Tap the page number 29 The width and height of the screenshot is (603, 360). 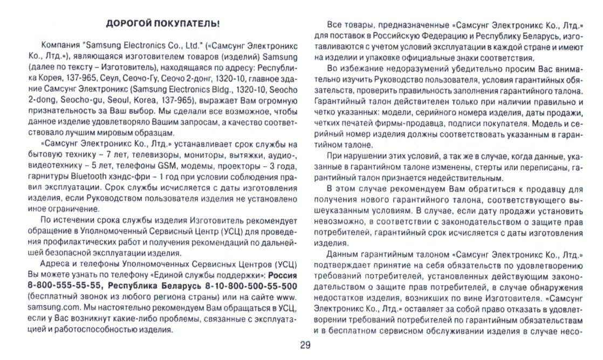301,346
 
